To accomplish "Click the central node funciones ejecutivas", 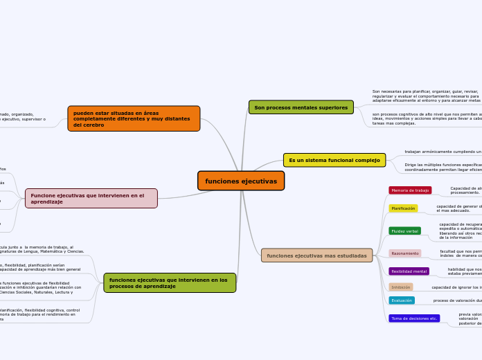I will [241, 181].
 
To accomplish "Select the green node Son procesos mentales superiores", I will [301, 107].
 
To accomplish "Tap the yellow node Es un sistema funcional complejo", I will [334, 160].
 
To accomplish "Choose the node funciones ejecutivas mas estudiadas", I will [316, 255].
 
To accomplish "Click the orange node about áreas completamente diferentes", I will [134, 118].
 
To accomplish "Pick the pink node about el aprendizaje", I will [91, 199].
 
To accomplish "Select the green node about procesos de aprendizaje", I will [170, 282].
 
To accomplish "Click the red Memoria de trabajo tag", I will [410, 190].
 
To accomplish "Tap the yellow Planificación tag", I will [403, 208].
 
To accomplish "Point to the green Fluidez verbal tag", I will [404, 231].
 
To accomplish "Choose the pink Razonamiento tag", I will [405, 253].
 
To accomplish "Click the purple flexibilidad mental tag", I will [409, 271].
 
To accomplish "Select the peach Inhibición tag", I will [401, 287].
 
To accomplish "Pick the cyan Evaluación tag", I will [402, 300].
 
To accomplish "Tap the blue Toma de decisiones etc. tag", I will [414, 318].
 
